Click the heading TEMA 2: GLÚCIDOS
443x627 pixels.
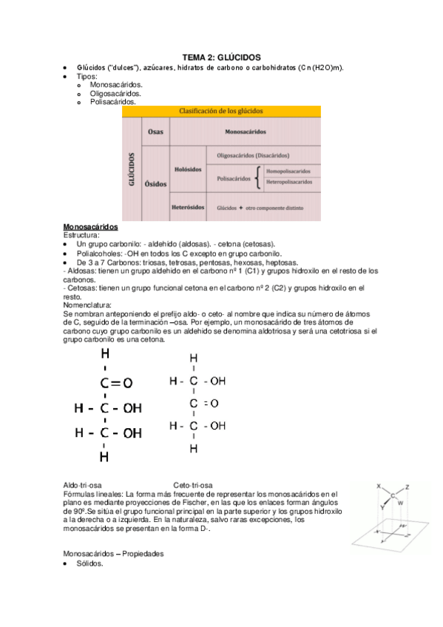[x=222, y=58]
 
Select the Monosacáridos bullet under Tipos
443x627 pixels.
[x=116, y=85]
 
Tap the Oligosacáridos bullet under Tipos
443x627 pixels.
[x=116, y=94]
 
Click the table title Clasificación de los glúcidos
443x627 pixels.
[x=221, y=111]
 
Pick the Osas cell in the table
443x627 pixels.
[x=156, y=132]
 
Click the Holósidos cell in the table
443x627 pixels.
[x=188, y=169]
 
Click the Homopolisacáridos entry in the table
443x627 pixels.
[x=288, y=171]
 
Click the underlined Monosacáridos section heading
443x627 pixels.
[x=91, y=226]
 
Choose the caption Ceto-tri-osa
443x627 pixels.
[x=194, y=484]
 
